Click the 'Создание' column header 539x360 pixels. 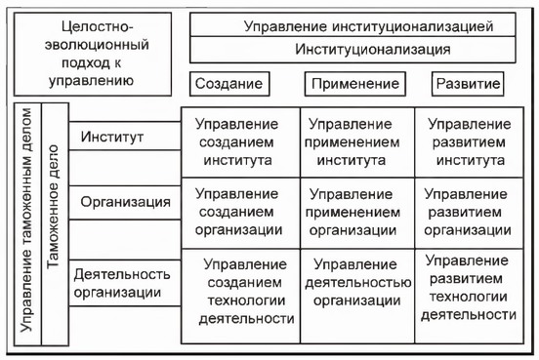228,85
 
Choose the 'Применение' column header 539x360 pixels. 349,85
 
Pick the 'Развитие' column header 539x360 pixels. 469,85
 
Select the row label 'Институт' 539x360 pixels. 113,137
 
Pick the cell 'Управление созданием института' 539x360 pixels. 240,142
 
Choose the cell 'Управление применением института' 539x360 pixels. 356,142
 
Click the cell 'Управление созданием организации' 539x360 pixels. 240,211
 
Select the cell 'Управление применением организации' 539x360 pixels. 356,211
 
